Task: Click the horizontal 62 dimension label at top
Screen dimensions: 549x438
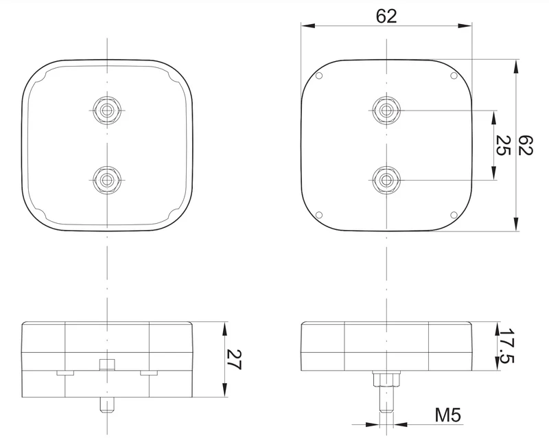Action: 386,16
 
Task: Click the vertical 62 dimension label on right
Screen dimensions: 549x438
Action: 525,145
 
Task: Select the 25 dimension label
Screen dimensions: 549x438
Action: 504,145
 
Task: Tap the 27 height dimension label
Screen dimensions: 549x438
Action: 234,360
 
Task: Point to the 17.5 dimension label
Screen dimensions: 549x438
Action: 506,346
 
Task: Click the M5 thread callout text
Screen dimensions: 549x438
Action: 448,415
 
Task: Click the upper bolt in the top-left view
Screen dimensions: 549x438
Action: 107,111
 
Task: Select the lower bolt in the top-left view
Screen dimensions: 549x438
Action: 107,180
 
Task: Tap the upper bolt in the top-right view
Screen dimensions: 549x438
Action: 386,111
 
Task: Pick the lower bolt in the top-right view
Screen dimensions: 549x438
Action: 386,180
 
